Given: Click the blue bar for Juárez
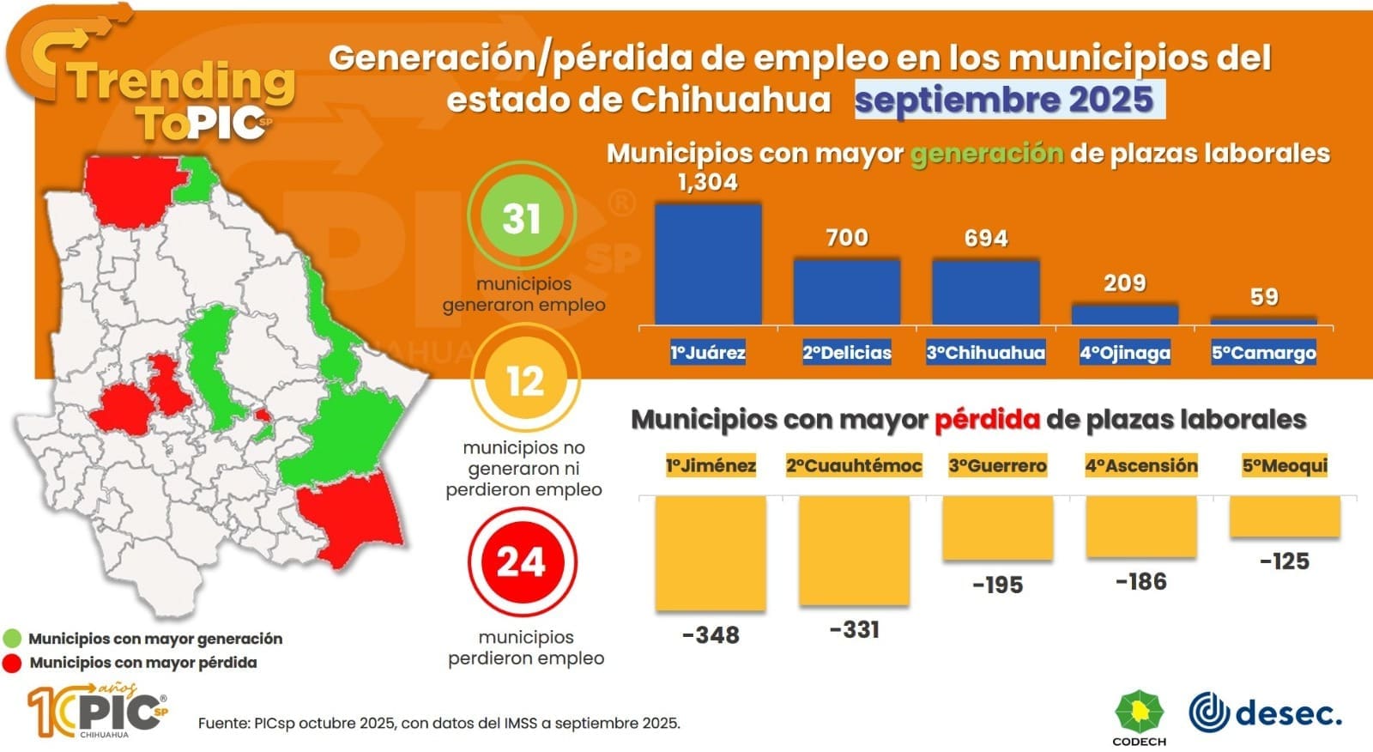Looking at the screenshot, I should (708, 264).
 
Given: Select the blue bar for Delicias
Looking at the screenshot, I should (847, 292).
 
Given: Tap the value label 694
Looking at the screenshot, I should (986, 238).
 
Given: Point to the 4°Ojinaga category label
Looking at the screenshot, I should (1124, 352).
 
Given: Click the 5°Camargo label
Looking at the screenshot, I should (1263, 352).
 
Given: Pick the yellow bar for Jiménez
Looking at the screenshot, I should (711, 554).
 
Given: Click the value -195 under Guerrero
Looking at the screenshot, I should (997, 585).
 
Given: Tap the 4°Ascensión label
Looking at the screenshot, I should (1141, 465).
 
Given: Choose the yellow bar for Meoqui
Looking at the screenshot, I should (1285, 517).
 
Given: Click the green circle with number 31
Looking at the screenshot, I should (522, 217).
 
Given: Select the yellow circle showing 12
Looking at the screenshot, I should (525, 380).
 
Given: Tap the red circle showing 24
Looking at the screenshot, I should (522, 562).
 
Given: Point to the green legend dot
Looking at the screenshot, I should (12, 639).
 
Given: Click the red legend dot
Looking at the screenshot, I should (12, 663).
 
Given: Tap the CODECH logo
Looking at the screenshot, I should (1139, 716).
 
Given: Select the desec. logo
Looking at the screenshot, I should (1265, 713).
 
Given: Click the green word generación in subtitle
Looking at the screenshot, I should (987, 154).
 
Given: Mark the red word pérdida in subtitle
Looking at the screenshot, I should (987, 420).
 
